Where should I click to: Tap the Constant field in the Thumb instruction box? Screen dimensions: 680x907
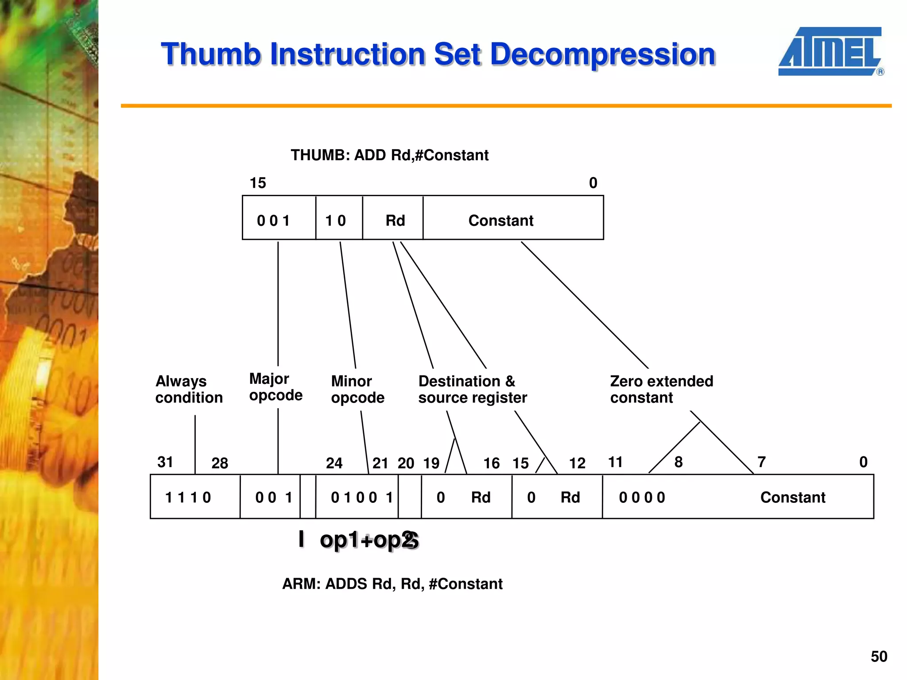pyautogui.click(x=501, y=220)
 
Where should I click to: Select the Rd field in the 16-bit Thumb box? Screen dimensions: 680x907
pyautogui.click(x=395, y=220)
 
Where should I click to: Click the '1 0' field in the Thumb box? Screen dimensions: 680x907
pyautogui.click(x=336, y=220)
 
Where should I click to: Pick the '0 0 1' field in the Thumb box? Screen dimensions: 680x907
pyautogui.click(x=274, y=220)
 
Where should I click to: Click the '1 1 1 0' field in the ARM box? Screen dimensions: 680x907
pyautogui.click(x=188, y=497)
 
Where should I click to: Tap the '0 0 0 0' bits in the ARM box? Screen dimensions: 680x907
pyautogui.click(x=642, y=497)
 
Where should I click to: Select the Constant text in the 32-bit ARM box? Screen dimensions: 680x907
pyautogui.click(x=793, y=497)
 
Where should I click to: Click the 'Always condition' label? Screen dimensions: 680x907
pyautogui.click(x=189, y=389)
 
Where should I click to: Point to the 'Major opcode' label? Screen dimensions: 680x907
pyautogui.click(x=275, y=386)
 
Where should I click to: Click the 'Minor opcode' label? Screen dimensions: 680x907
pyautogui.click(x=357, y=389)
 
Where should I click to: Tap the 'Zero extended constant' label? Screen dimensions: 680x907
pyautogui.click(x=661, y=389)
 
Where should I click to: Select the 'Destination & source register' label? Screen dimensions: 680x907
pyautogui.click(x=473, y=389)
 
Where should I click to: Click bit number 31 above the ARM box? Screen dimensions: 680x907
pyautogui.click(x=165, y=462)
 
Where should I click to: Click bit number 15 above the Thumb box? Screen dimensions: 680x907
pyautogui.click(x=258, y=183)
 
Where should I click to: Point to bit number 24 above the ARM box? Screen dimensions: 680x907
pyautogui.click(x=334, y=463)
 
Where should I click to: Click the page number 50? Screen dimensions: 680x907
pyautogui.click(x=879, y=656)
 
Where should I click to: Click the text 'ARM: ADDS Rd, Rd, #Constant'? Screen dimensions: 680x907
pyautogui.click(x=392, y=584)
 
